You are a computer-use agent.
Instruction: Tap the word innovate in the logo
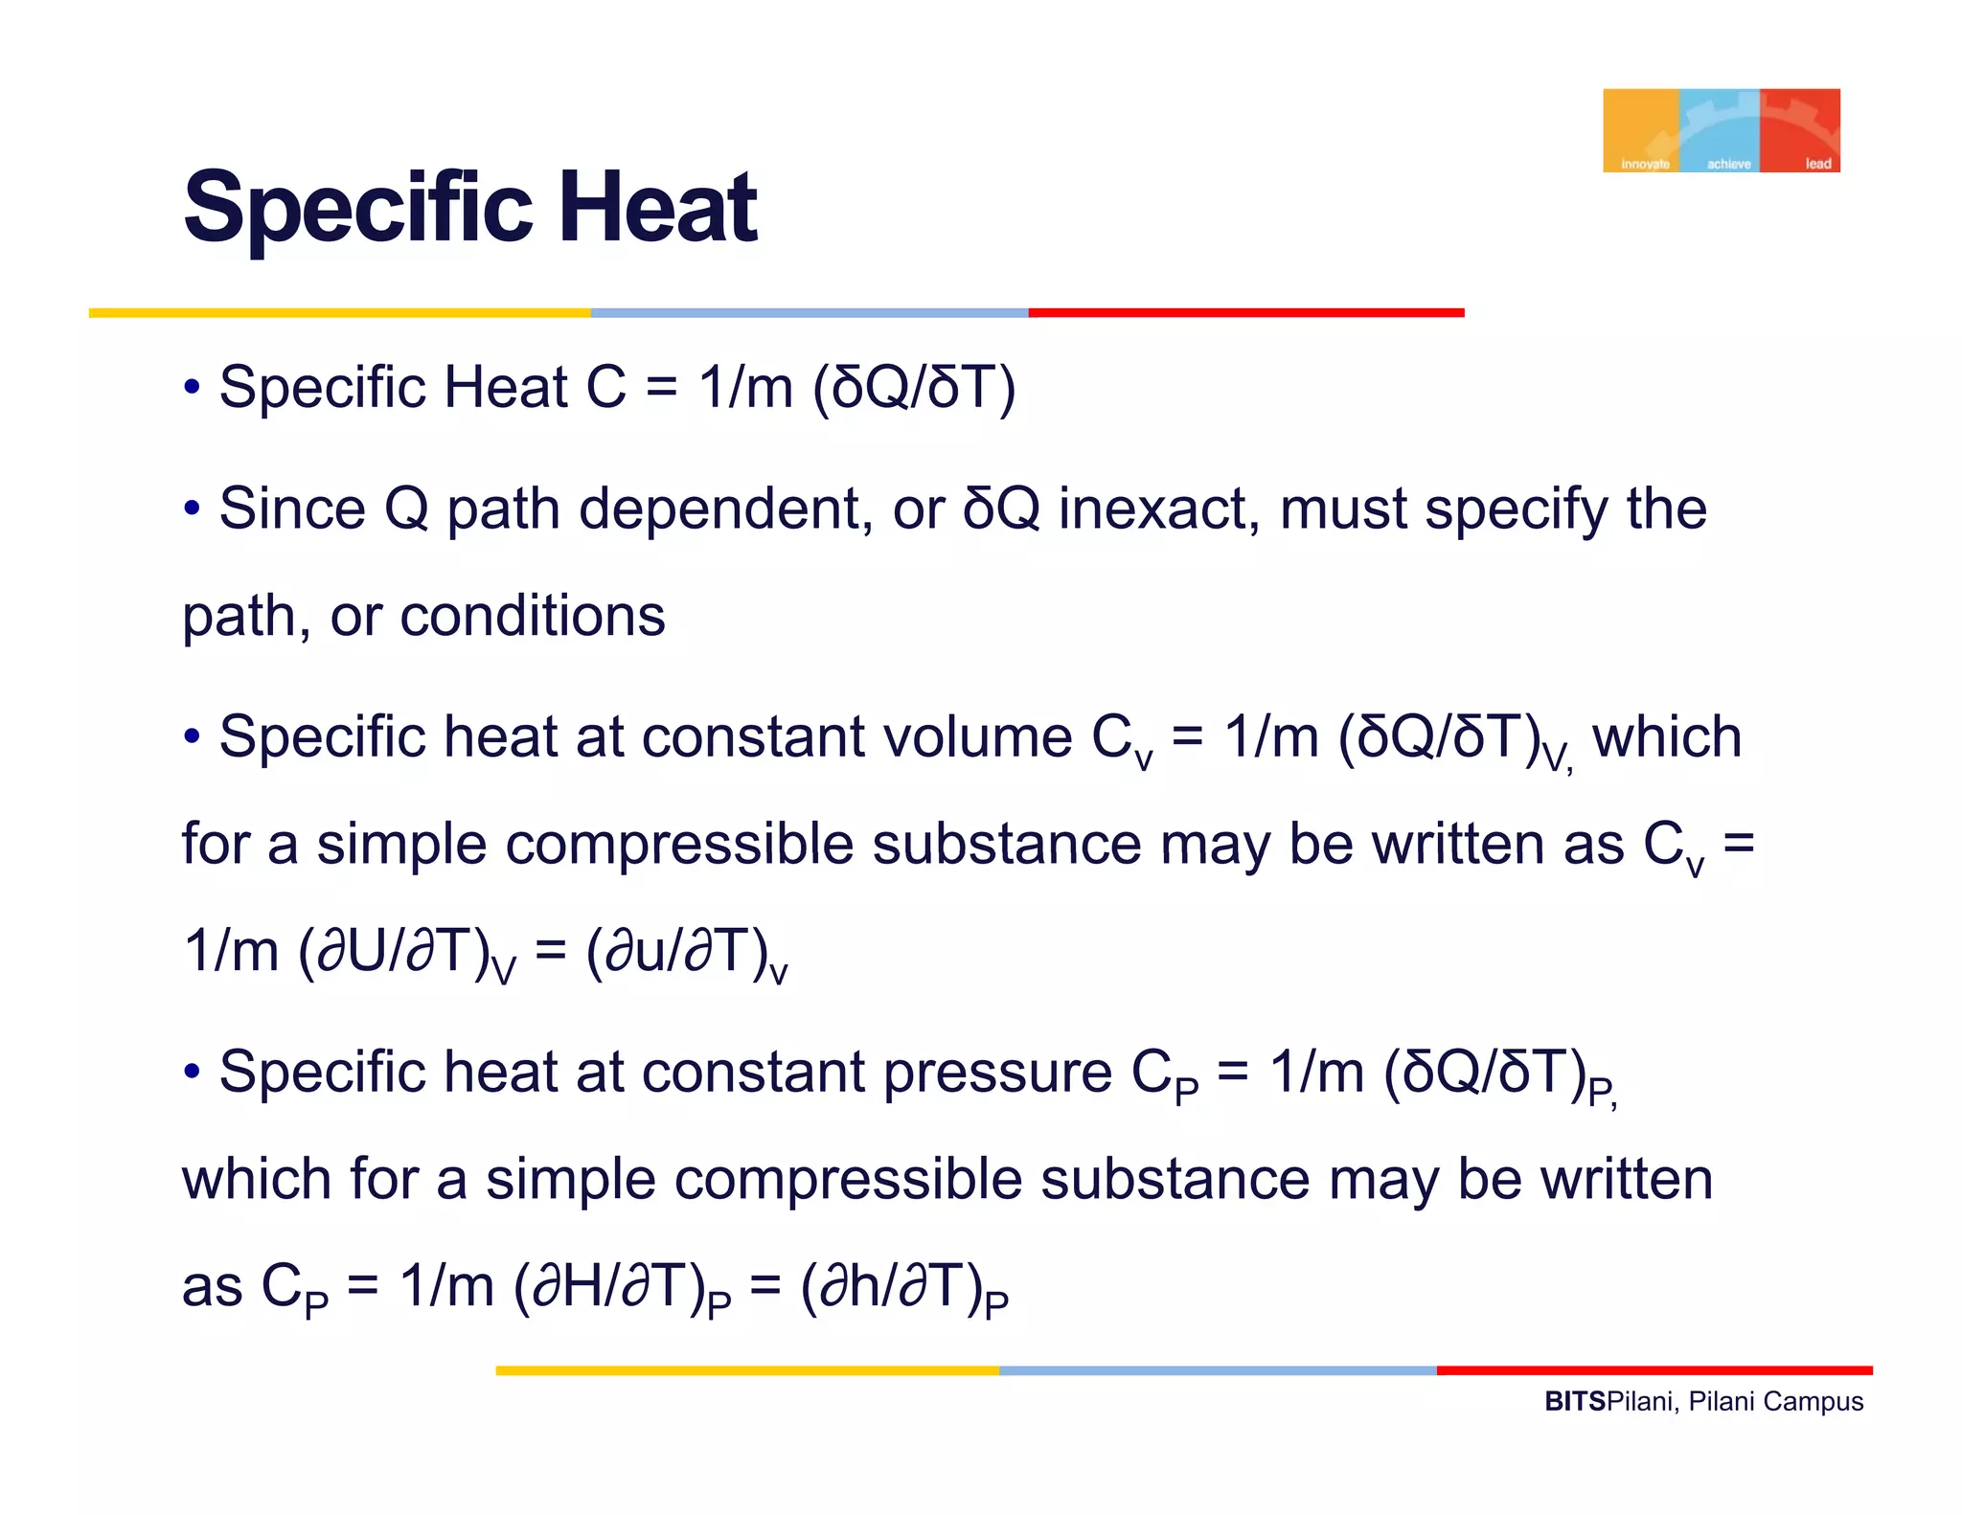coord(1644,164)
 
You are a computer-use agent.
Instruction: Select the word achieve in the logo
coord(1728,164)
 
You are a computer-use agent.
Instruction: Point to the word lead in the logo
coord(1817,164)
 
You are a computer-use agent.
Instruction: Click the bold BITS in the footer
coord(1574,1402)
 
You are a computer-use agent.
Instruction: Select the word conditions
coord(533,616)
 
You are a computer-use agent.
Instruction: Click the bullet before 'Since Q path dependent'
coord(193,509)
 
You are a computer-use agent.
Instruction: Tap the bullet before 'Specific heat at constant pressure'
coord(193,1072)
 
